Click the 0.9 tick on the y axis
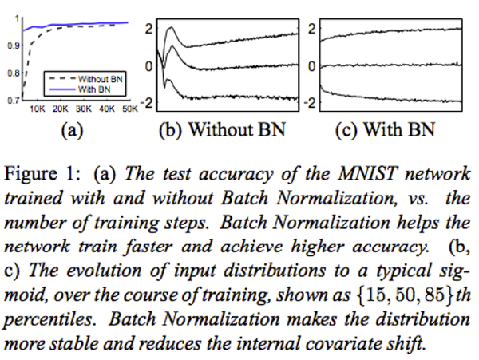pos(13,45)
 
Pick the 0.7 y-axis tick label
pos(13,101)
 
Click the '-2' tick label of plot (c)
pos(311,104)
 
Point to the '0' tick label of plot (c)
pos(312,65)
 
